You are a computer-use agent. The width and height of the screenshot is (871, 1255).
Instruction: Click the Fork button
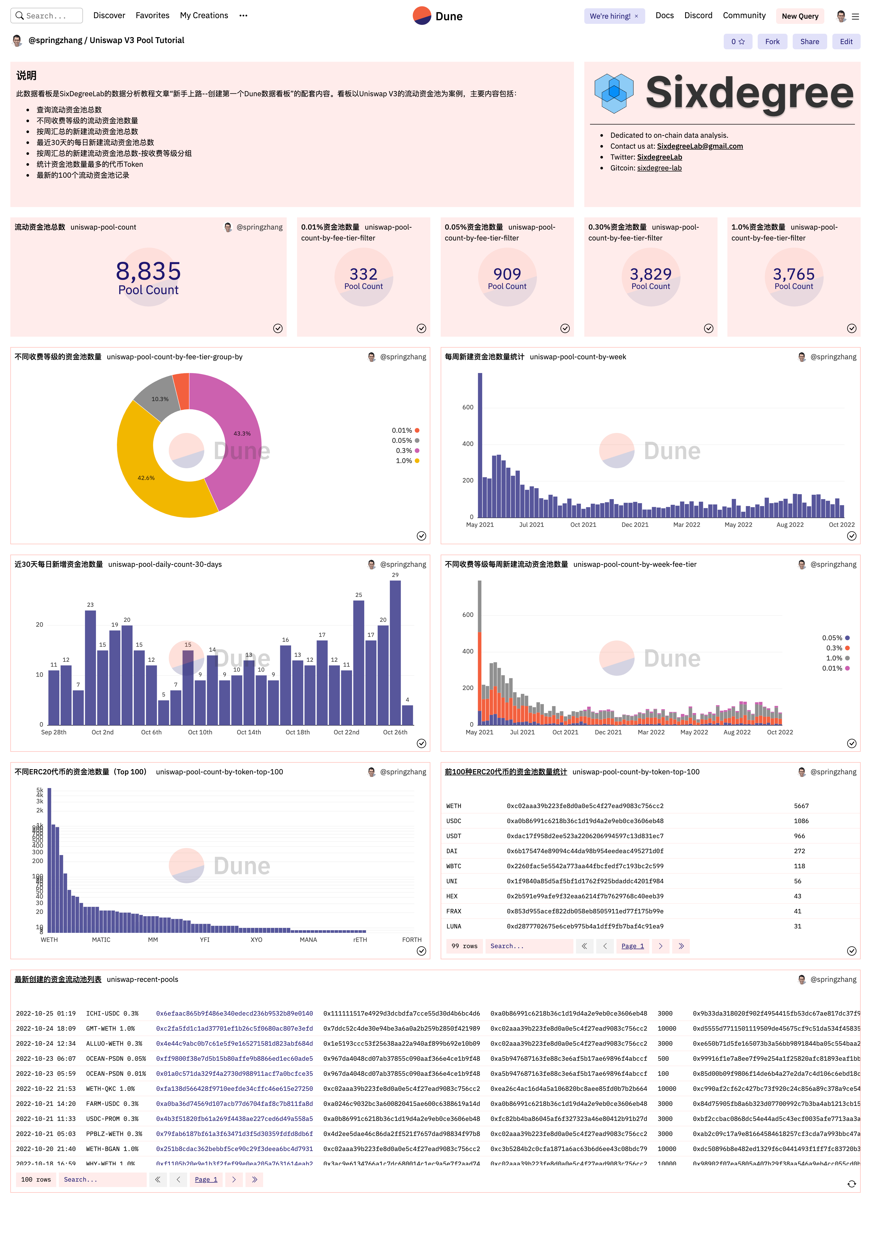(x=772, y=42)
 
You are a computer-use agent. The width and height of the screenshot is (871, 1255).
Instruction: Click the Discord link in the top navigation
(x=698, y=15)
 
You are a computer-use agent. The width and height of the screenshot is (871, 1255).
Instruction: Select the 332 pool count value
(x=363, y=274)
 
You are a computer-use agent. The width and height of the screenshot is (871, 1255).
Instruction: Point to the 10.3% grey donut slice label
(x=160, y=399)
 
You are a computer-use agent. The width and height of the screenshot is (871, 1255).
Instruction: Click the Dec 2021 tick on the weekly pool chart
(x=635, y=525)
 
